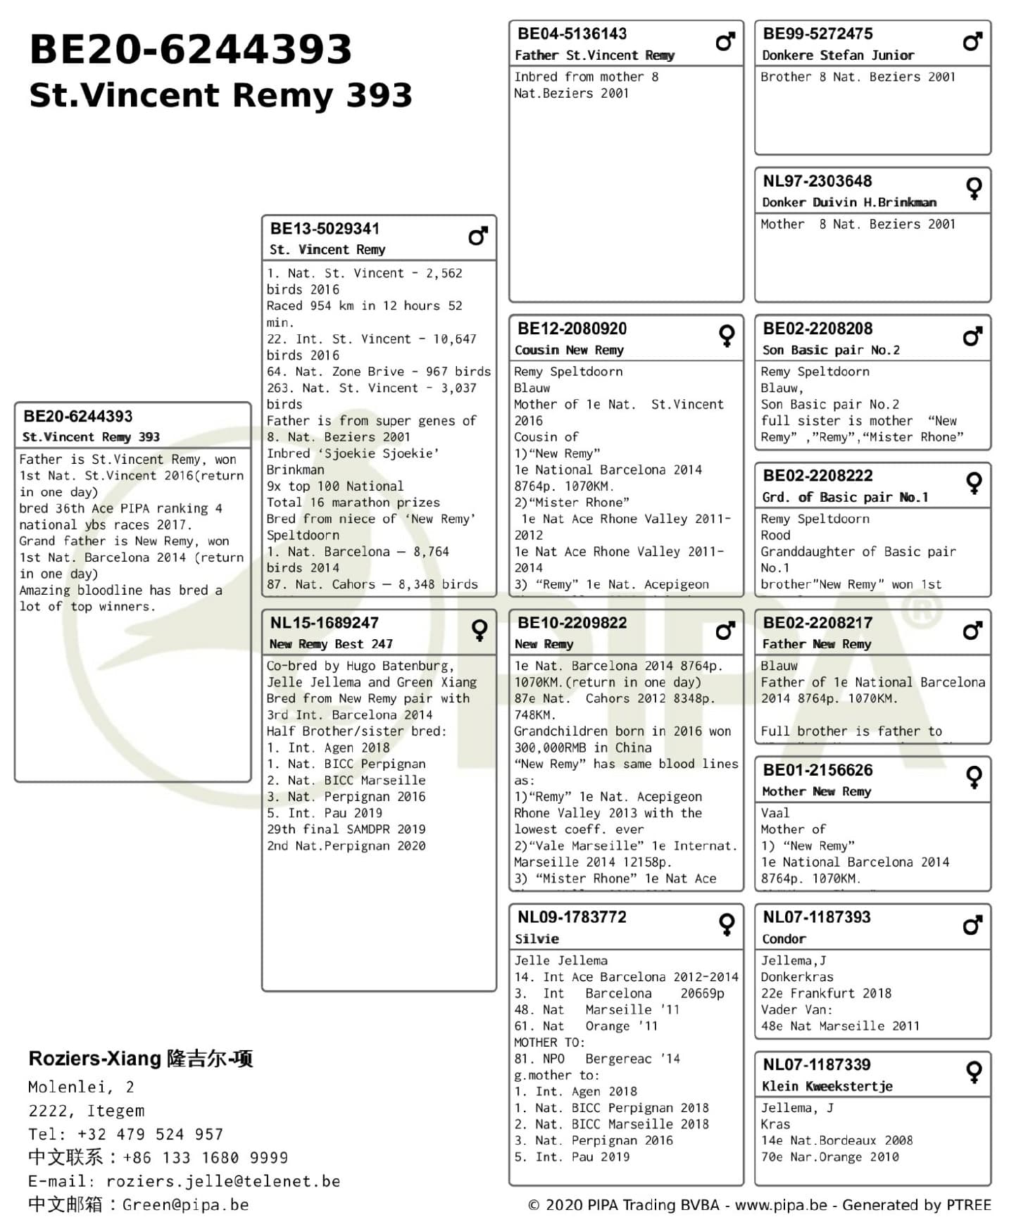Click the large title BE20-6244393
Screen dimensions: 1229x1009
pyautogui.click(x=190, y=49)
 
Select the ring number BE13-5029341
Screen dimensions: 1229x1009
pyautogui.click(x=325, y=229)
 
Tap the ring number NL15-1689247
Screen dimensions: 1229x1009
pyautogui.click(x=324, y=623)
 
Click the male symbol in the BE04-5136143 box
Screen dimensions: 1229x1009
pyautogui.click(x=725, y=42)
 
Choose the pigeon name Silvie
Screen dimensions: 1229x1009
pyautogui.click(x=537, y=938)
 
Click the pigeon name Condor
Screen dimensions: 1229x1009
pyautogui.click(x=784, y=938)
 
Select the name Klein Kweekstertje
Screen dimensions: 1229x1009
pyautogui.click(x=827, y=1086)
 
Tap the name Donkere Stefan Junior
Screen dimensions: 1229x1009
pyautogui.click(x=838, y=55)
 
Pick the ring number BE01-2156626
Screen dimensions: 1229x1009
pyautogui.click(x=817, y=770)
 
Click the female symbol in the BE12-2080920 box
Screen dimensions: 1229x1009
pyautogui.click(x=726, y=336)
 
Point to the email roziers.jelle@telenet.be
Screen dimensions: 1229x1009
pyautogui.click(x=223, y=1180)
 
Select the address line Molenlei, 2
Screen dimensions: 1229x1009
pyautogui.click(x=81, y=1087)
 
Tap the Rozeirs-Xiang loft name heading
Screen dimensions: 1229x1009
pyautogui.click(x=140, y=1059)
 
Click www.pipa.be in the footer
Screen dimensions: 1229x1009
pyautogui.click(x=781, y=1205)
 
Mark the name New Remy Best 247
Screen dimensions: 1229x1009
pyautogui.click(x=331, y=644)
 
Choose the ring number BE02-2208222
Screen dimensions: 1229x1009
pyautogui.click(x=817, y=476)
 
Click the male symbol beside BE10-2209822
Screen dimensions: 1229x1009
pyautogui.click(x=725, y=631)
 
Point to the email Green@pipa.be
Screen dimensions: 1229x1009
pyautogui.click(x=185, y=1204)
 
